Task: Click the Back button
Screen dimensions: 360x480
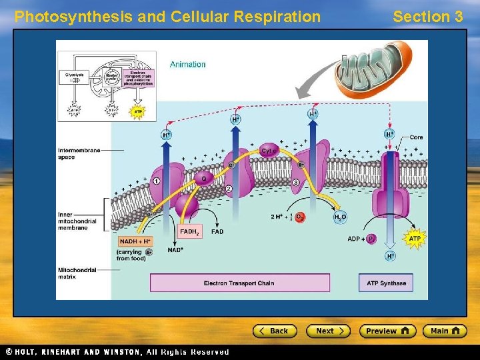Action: pyautogui.click(x=274, y=331)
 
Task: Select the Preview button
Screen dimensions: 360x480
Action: pyautogui.click(x=387, y=331)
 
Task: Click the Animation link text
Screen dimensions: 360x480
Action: pyautogui.click(x=187, y=65)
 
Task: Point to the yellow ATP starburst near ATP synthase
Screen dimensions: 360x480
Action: pyautogui.click(x=415, y=238)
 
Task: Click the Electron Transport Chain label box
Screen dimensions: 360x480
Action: pyautogui.click(x=239, y=283)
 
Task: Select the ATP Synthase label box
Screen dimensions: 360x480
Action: pyautogui.click(x=386, y=283)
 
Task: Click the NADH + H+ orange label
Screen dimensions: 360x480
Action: pyautogui.click(x=135, y=241)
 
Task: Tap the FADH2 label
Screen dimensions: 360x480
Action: pyautogui.click(x=189, y=232)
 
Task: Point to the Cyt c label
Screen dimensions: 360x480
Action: pyautogui.click(x=268, y=151)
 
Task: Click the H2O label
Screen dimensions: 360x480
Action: pyautogui.click(x=339, y=217)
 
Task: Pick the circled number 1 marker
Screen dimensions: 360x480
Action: pyautogui.click(x=156, y=181)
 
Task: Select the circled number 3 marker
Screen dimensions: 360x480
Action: pyautogui.click(x=295, y=182)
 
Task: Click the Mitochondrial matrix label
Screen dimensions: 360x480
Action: pyautogui.click(x=77, y=273)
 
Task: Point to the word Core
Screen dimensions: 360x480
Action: pyautogui.click(x=416, y=137)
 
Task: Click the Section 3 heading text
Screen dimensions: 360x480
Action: pyautogui.click(x=427, y=17)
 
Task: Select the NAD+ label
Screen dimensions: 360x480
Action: pyautogui.click(x=176, y=249)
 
